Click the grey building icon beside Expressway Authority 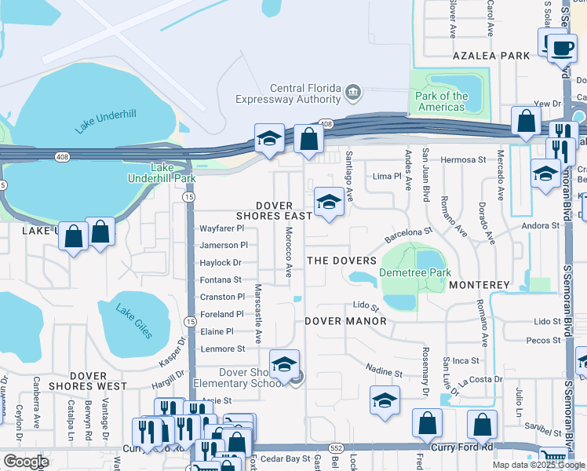pos(352,93)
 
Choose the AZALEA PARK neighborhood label pos(491,57)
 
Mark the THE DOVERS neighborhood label pos(341,260)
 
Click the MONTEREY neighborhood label pos(479,285)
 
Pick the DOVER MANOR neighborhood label pos(345,321)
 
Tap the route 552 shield pos(334,447)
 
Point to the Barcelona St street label pos(408,235)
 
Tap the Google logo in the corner pos(26,461)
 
